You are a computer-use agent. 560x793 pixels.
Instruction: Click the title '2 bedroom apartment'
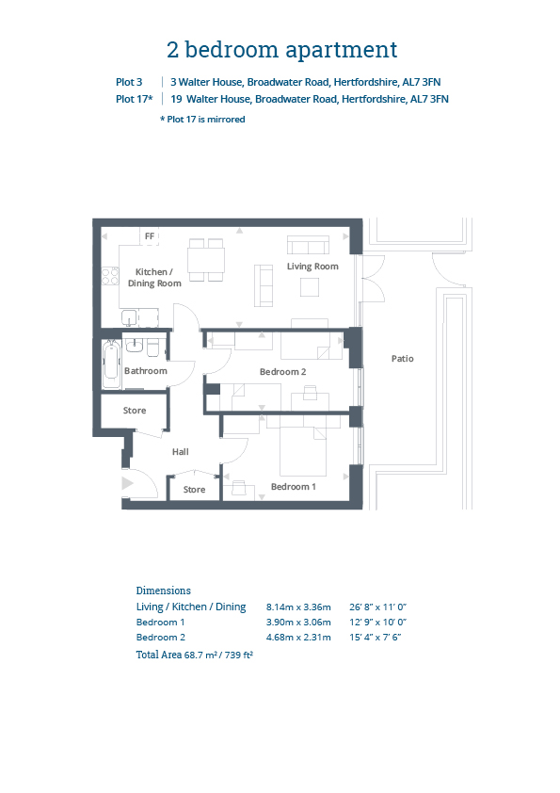(x=282, y=50)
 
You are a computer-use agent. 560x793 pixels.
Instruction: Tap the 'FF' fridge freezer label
(x=150, y=236)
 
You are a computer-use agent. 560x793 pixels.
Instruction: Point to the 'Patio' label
(x=402, y=359)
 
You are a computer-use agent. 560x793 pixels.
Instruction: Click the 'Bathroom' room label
(x=146, y=371)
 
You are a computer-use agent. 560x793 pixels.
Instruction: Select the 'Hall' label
(x=181, y=452)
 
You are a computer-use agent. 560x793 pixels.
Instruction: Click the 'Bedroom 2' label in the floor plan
(x=282, y=372)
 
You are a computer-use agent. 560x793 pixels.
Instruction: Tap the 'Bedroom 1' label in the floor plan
(x=293, y=487)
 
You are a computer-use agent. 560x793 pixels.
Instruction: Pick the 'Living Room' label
(x=312, y=267)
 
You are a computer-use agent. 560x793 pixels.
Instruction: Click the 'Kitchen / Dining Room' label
(x=154, y=278)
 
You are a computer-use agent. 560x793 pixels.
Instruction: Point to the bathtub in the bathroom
(x=111, y=364)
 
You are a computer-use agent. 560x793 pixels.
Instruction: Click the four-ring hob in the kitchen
(x=110, y=276)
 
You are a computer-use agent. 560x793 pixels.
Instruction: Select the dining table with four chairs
(x=206, y=260)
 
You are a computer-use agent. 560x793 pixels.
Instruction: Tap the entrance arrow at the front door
(x=127, y=483)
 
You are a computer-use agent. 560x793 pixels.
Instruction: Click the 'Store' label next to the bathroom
(x=135, y=411)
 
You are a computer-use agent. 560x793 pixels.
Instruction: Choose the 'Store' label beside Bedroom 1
(x=194, y=490)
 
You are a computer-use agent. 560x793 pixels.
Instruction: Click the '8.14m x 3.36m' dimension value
(x=298, y=607)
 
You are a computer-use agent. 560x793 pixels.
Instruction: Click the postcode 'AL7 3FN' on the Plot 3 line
(x=422, y=82)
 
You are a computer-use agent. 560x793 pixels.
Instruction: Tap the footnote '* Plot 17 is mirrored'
(x=202, y=120)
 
